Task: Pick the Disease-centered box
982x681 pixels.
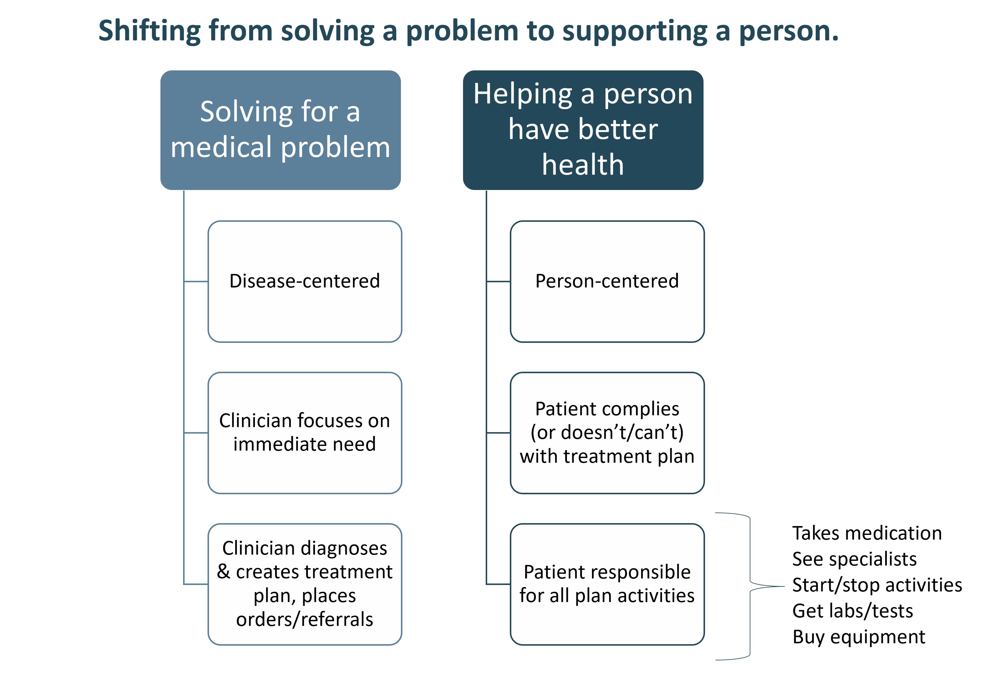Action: [x=304, y=282]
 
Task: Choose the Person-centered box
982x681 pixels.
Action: [x=607, y=282]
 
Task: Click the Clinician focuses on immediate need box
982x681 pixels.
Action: [x=304, y=433]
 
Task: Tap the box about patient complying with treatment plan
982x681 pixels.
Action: [x=607, y=433]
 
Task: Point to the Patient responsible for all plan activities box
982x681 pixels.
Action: [x=607, y=584]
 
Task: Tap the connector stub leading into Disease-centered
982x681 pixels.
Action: [x=196, y=282]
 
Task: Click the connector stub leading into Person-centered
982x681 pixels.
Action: [x=498, y=282]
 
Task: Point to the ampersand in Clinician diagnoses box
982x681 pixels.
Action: [x=224, y=572]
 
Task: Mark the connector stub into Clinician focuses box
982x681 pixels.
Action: [x=196, y=433]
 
